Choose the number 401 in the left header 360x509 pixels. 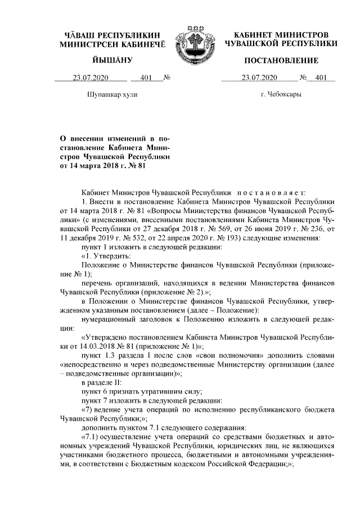click(x=148, y=78)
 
